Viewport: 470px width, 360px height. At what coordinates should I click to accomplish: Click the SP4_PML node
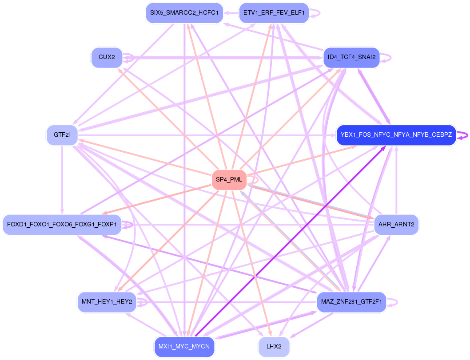pyautogui.click(x=229, y=179)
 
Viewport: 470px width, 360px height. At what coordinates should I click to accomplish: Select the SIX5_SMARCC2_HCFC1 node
pyautogui.click(x=184, y=13)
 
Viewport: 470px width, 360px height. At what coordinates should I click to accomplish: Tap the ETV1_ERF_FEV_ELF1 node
pyautogui.click(x=274, y=13)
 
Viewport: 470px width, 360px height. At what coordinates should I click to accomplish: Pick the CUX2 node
pyautogui.click(x=107, y=57)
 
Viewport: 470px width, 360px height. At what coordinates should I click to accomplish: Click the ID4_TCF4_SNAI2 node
pyautogui.click(x=351, y=57)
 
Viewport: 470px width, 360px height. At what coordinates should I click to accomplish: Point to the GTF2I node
pyautogui.click(x=62, y=135)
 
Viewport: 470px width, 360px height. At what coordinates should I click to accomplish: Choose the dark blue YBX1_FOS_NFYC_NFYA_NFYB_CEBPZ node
pyautogui.click(x=396, y=135)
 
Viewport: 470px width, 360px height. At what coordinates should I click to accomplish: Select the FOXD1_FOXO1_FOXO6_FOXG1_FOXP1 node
pyautogui.click(x=62, y=225)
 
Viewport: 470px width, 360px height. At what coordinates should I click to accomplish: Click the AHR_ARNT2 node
pyautogui.click(x=396, y=225)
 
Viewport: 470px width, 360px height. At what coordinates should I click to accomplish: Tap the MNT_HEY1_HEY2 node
pyautogui.click(x=107, y=302)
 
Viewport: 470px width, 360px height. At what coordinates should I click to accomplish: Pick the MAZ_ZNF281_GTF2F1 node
pyautogui.click(x=351, y=302)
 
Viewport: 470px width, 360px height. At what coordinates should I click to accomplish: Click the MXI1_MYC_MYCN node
pyautogui.click(x=184, y=346)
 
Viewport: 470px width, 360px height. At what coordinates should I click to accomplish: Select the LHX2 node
pyautogui.click(x=274, y=346)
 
